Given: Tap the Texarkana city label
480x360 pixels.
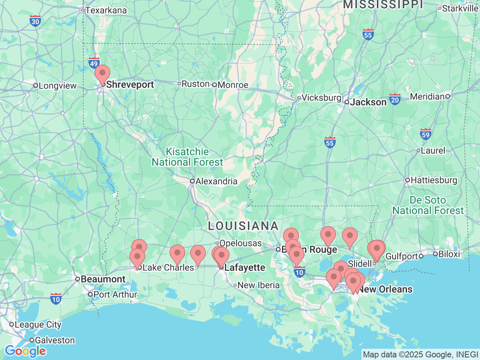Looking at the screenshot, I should point(106,10).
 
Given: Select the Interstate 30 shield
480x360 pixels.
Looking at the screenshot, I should point(35,21).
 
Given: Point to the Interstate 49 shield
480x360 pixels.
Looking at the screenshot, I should point(94,63).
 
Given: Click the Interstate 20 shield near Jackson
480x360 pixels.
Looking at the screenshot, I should point(394,100).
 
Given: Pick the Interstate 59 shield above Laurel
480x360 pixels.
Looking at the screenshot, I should point(425,135).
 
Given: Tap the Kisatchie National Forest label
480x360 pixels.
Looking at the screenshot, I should point(187,157).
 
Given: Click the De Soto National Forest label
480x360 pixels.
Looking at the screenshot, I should point(428,205).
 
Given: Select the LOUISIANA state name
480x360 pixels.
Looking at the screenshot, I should point(243,226).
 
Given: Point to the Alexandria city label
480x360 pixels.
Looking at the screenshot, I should point(216,181).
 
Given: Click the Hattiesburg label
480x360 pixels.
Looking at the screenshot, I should point(434,180).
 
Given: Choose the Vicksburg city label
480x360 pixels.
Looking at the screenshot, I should point(321,97).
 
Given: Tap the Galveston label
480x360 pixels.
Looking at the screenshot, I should point(55,340).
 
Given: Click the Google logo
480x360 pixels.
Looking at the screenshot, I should point(25,351).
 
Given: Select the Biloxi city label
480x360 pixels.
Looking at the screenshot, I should point(448,254).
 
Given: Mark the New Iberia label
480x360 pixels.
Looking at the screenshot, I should point(258,285).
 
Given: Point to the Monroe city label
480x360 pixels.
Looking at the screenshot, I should point(232,85).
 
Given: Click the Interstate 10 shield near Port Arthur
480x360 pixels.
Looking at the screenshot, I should point(56,299).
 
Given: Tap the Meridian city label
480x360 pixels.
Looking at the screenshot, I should point(427,96).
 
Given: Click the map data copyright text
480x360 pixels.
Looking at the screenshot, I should point(420,354).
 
